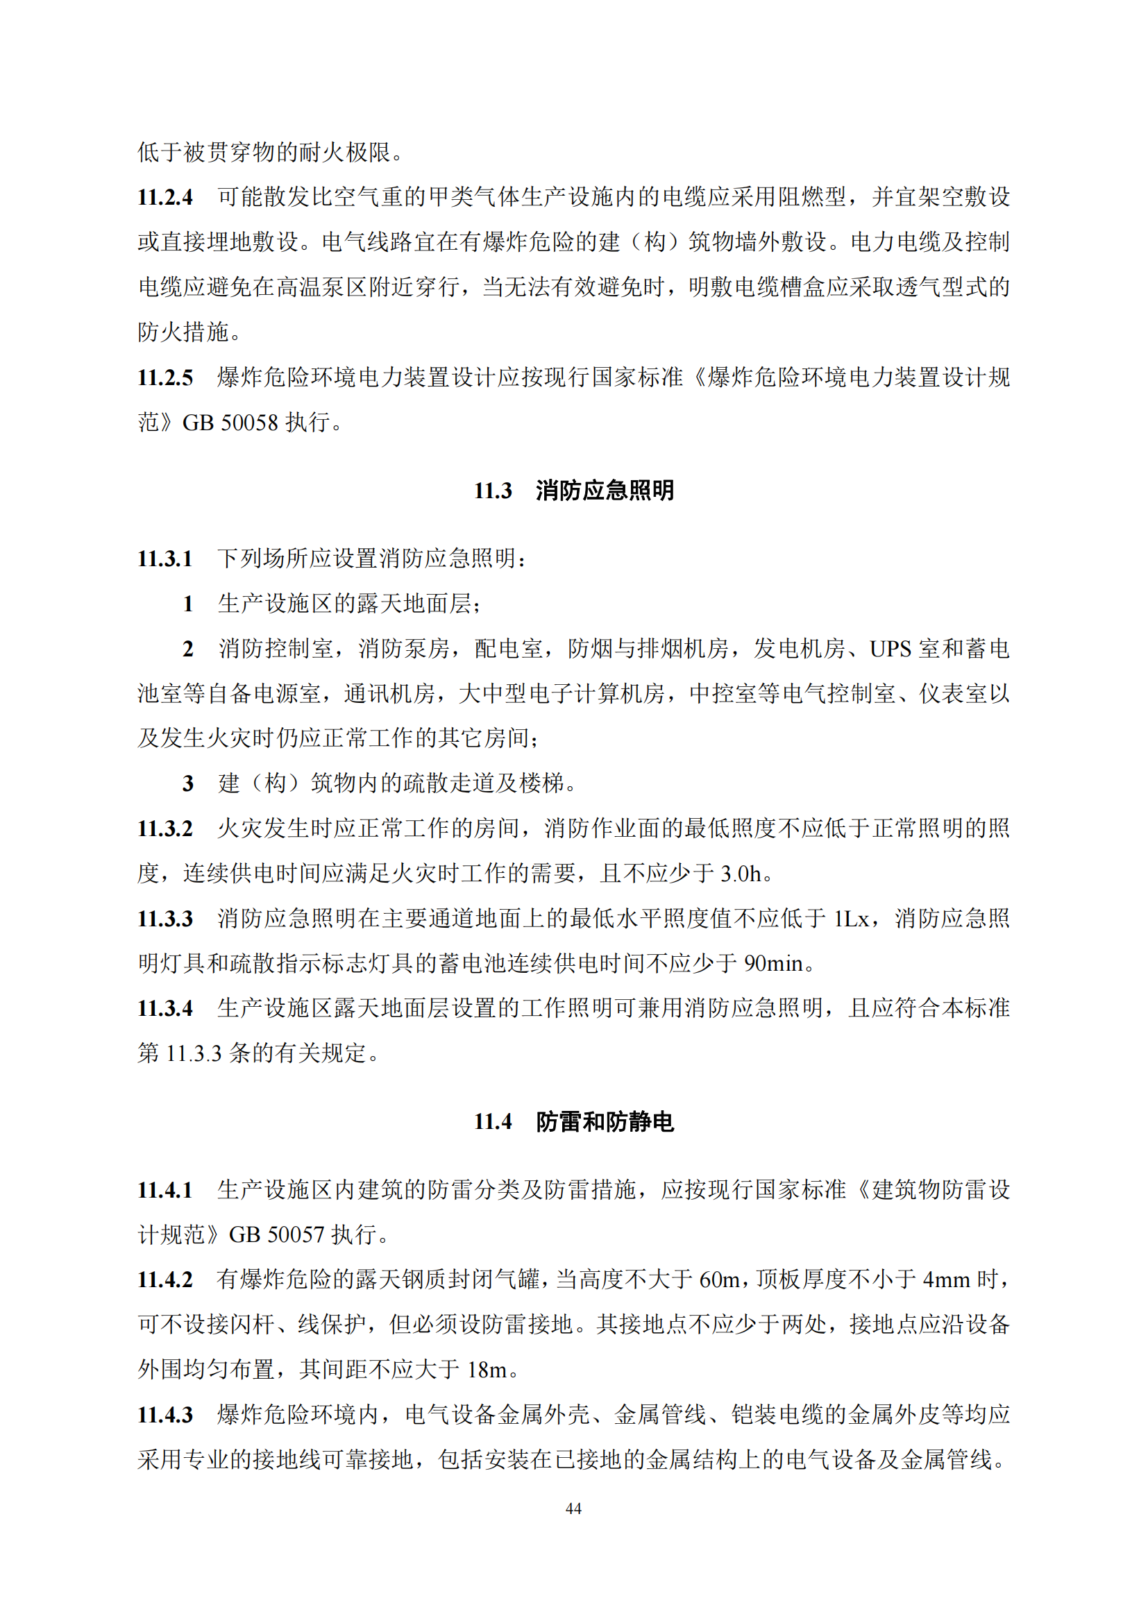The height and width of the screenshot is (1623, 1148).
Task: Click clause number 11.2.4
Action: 164,197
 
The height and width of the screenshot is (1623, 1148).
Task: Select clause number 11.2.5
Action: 164,377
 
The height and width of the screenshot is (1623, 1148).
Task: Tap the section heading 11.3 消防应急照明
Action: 573,490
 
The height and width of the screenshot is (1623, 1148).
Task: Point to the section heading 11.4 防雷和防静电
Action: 573,1121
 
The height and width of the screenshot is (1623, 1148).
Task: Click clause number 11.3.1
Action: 164,559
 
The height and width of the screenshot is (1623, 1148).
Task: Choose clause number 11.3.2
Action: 164,829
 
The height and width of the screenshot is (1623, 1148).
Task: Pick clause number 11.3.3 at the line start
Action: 164,918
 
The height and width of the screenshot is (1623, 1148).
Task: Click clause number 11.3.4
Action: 164,1008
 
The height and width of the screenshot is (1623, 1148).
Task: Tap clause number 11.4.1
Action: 164,1190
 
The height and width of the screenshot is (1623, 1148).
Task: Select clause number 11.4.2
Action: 164,1280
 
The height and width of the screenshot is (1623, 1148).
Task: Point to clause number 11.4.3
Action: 164,1414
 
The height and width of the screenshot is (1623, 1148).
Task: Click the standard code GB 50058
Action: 230,423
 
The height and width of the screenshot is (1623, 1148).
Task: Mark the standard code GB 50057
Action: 276,1235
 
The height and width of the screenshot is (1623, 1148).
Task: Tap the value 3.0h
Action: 741,874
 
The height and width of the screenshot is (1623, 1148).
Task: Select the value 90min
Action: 774,964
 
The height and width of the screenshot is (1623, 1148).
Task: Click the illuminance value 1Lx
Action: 852,918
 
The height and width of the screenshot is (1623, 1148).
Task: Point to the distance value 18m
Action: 487,1370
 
